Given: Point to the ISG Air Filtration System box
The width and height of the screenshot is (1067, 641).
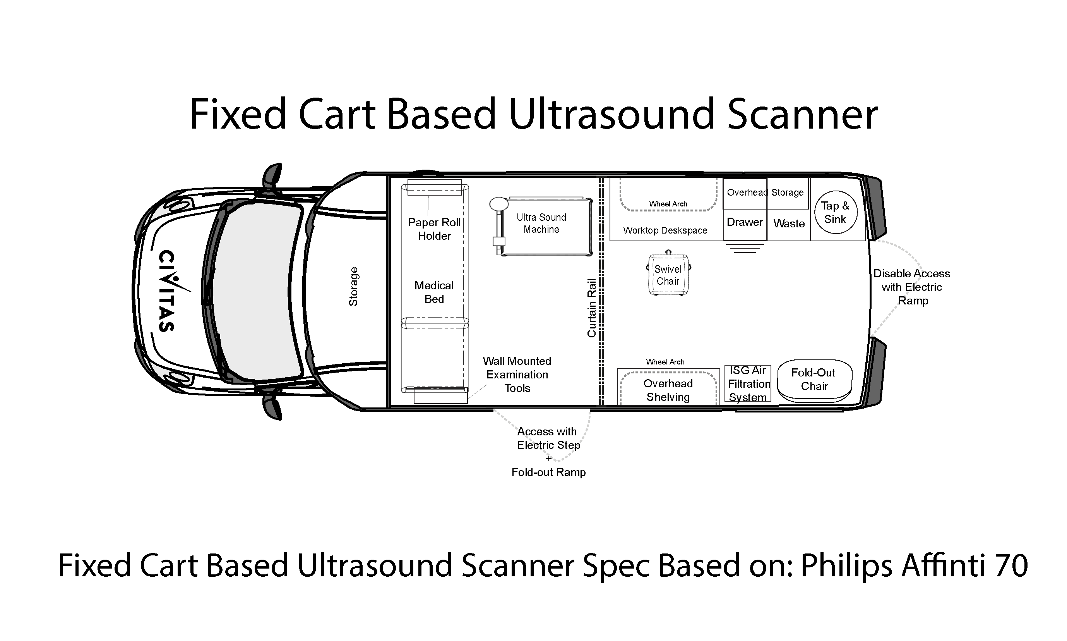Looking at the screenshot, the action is [x=748, y=383].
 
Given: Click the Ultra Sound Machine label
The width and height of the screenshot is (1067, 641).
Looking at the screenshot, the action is [x=541, y=223].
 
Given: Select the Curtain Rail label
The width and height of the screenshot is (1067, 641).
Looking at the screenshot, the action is [x=591, y=308].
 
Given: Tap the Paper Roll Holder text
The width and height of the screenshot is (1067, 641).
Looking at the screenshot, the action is [x=434, y=229].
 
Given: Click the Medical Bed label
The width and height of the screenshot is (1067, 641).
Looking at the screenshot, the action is [x=434, y=292].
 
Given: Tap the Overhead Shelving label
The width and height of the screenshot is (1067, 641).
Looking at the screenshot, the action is [x=668, y=390].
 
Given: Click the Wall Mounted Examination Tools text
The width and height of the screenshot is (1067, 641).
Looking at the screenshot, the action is [x=517, y=375].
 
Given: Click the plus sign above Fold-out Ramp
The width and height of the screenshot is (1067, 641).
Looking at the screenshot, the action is [x=549, y=458].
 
